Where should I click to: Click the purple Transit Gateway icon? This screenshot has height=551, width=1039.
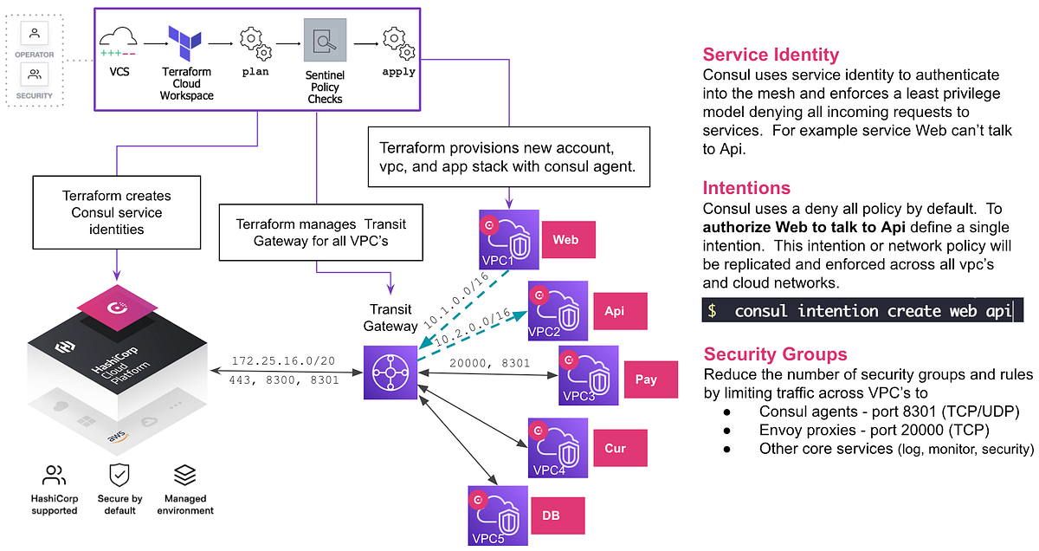(x=390, y=373)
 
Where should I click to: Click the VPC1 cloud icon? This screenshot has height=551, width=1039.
(x=507, y=238)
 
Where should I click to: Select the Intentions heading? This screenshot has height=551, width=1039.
(x=746, y=188)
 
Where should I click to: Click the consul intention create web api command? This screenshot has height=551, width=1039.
(x=862, y=311)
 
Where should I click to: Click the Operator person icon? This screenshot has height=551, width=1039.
(x=35, y=34)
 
